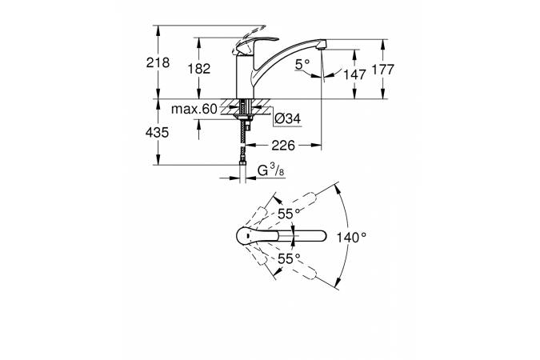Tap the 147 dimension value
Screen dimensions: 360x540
click(355, 74)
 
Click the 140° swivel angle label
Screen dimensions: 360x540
click(350, 237)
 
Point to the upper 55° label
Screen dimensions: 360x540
click(288, 214)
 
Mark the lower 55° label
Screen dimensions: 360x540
click(288, 258)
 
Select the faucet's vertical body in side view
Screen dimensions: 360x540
click(243, 77)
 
